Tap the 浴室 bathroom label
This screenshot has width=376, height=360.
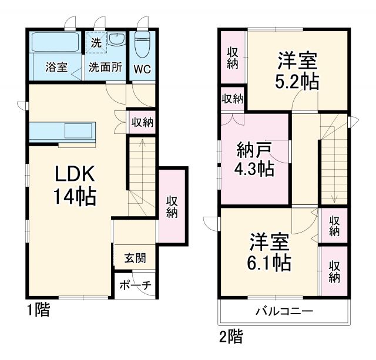(x=56, y=68)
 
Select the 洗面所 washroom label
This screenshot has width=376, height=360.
(x=105, y=68)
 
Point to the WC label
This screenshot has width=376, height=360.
(x=142, y=68)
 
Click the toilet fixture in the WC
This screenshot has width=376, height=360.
(x=142, y=43)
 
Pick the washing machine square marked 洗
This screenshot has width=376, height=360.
(x=96, y=42)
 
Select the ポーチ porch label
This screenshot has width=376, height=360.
(x=135, y=285)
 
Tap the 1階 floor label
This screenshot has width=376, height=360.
(x=38, y=311)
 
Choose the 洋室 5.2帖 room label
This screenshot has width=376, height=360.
(x=298, y=70)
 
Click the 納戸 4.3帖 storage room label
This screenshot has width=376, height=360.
(x=254, y=159)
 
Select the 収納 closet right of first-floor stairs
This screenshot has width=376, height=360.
(x=172, y=206)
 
